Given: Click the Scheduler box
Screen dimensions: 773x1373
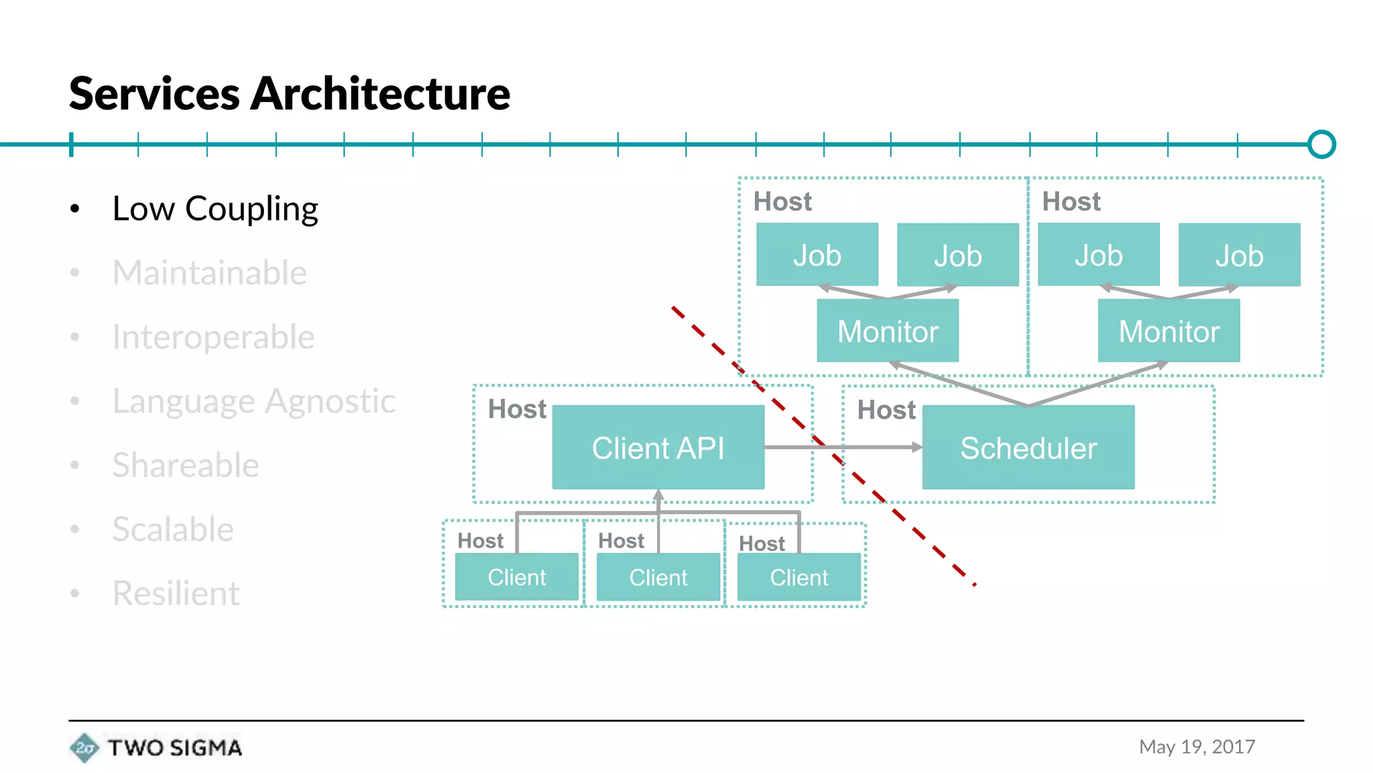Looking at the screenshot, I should point(1028,447).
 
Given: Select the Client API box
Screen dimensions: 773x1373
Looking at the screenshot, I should point(658,447).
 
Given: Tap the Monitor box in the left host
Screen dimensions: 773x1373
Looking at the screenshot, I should point(887,331).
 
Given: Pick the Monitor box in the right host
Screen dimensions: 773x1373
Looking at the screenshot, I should point(1169,331).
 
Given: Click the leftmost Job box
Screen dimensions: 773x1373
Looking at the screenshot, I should point(817,255).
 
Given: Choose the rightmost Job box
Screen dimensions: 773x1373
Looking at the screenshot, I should point(1239,255).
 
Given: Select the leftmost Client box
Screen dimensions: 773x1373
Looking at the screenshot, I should point(516,577).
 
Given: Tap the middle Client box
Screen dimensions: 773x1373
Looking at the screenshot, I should point(658,577).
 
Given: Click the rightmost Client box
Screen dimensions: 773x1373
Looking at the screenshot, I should point(798,577).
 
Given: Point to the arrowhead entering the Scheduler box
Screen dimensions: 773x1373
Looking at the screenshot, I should point(917,447).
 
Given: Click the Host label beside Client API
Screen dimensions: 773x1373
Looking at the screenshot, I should point(517,409).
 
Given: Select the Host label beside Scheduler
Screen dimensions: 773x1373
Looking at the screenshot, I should point(886,410).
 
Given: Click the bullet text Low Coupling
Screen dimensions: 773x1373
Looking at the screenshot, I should point(215,209).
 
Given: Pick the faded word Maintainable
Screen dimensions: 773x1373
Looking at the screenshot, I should point(209,273).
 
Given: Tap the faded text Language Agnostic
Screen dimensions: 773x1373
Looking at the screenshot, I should point(253,401).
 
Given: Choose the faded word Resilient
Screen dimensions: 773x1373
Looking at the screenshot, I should point(176,593).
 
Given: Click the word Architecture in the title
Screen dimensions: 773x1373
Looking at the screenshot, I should point(379,94).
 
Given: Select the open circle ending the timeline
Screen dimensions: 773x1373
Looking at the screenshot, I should point(1321,144).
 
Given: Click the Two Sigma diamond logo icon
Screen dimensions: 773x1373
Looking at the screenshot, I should point(84,748).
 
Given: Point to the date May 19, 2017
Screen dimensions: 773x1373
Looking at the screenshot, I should point(1197,747).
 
